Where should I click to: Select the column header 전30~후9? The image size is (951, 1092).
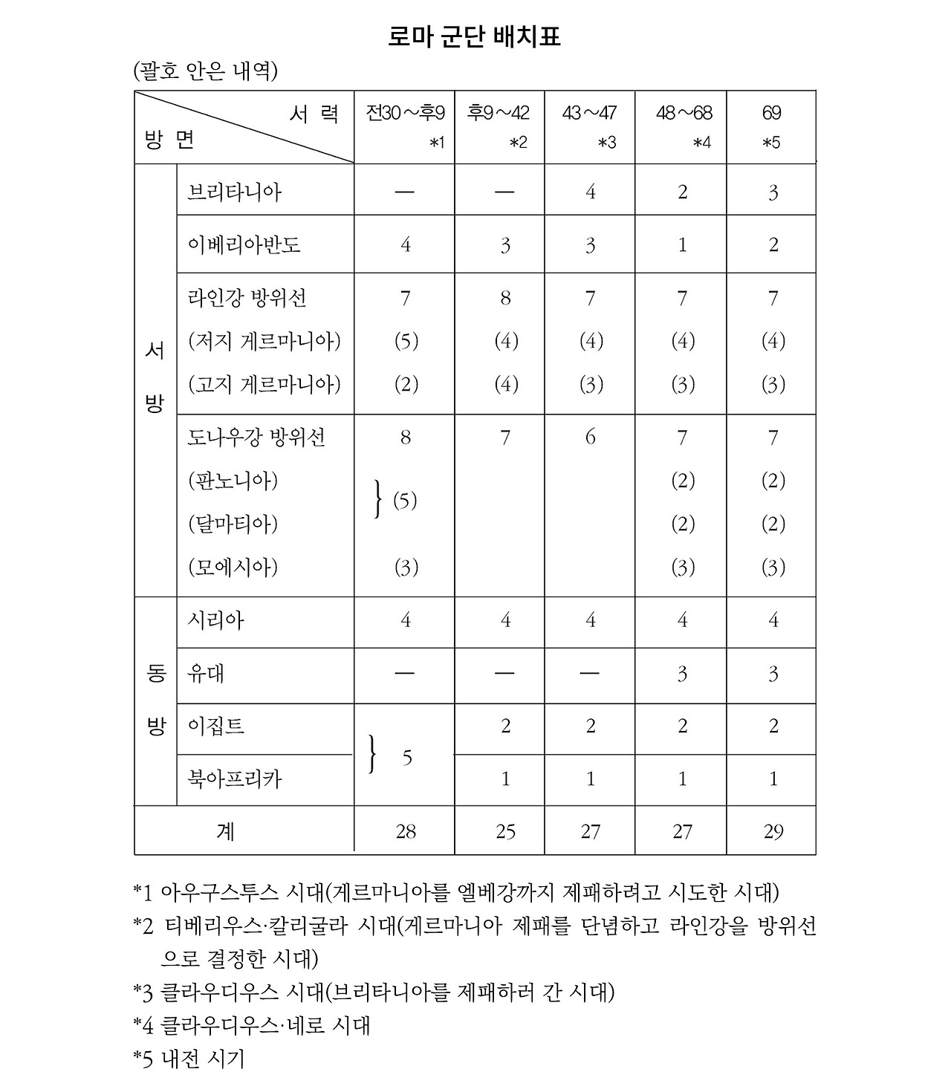tap(405, 113)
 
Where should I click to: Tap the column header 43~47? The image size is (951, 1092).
tap(590, 113)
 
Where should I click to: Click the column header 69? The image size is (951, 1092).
tap(771, 113)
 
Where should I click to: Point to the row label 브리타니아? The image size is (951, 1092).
tap(235, 192)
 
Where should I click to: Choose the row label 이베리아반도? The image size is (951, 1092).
tap(244, 245)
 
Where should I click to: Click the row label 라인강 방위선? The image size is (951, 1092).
tap(247, 299)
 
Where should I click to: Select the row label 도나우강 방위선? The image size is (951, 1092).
tap(256, 438)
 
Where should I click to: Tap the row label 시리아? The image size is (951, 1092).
tap(216, 620)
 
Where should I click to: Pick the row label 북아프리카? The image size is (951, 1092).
tap(235, 779)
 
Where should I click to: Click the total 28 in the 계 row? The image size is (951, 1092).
tap(406, 831)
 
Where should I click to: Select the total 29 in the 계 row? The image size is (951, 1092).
tap(773, 831)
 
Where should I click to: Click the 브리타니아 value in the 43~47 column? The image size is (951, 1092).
tap(590, 192)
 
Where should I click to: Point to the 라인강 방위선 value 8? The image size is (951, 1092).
tap(505, 299)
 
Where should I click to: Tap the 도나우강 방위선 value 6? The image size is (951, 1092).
tap(590, 438)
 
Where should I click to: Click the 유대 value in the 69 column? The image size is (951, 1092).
tap(773, 674)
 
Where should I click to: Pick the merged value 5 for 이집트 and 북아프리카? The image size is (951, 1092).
tap(407, 758)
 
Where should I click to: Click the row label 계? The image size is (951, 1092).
tap(225, 831)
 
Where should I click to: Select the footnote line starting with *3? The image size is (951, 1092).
tap(374, 992)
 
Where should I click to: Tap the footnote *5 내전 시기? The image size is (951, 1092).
tap(189, 1058)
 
